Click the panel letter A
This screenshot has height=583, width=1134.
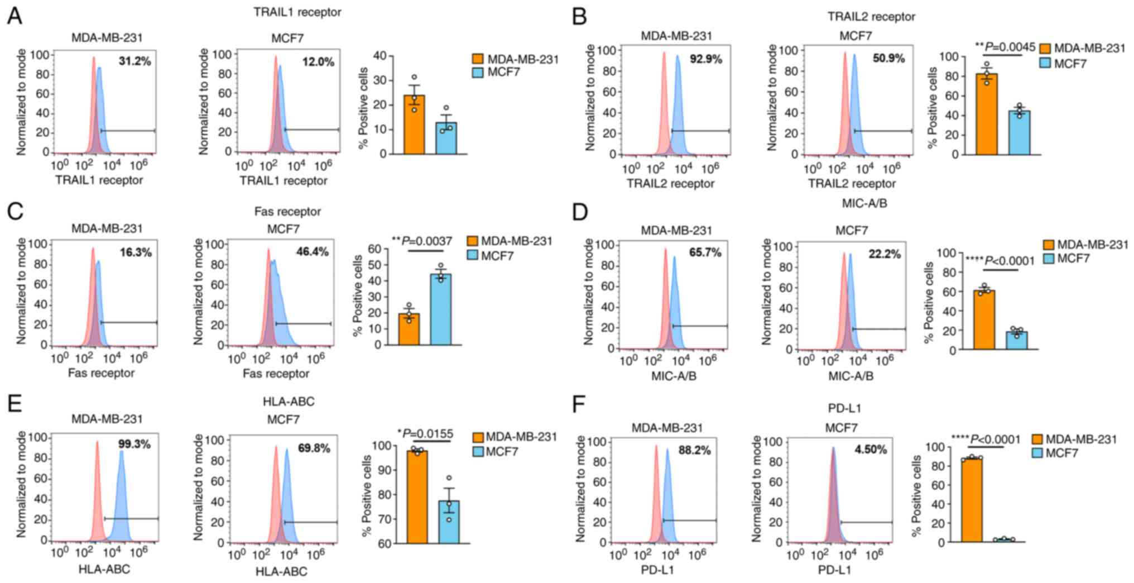click(x=15, y=16)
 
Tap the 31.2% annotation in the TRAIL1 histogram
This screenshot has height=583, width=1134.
click(x=134, y=61)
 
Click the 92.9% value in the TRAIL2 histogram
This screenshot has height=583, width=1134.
click(x=705, y=59)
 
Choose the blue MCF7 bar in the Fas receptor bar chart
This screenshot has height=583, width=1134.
click(x=441, y=309)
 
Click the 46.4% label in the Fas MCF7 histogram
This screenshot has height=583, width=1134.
click(x=312, y=252)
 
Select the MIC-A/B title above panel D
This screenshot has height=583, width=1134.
click(x=864, y=204)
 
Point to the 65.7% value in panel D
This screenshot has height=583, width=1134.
click(x=705, y=253)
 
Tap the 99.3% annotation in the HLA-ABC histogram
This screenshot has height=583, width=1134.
click(x=134, y=445)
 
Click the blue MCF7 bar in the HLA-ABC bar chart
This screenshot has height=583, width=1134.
click(x=449, y=522)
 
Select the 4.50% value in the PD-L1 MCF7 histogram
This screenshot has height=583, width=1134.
click(x=871, y=450)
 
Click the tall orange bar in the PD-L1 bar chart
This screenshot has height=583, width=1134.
click(x=972, y=500)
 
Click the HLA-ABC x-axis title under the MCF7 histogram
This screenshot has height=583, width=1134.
click(x=281, y=571)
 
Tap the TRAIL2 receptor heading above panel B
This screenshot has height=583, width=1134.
click(x=871, y=17)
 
